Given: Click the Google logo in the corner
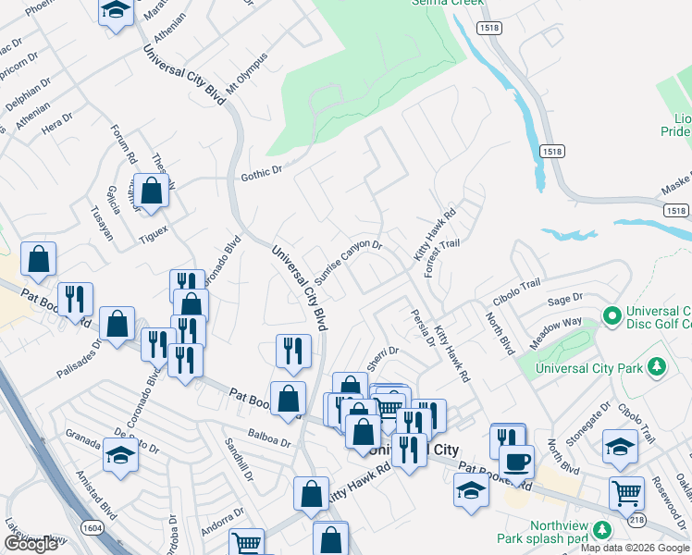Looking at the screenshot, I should coord(31,544).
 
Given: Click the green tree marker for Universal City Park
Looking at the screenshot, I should coord(657,367).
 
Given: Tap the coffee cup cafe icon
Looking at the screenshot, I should coord(516,460).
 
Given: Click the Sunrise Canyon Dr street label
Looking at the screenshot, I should coord(348,262).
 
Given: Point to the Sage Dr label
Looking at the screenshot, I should coord(564,299).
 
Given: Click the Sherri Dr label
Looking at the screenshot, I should coord(382,358).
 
